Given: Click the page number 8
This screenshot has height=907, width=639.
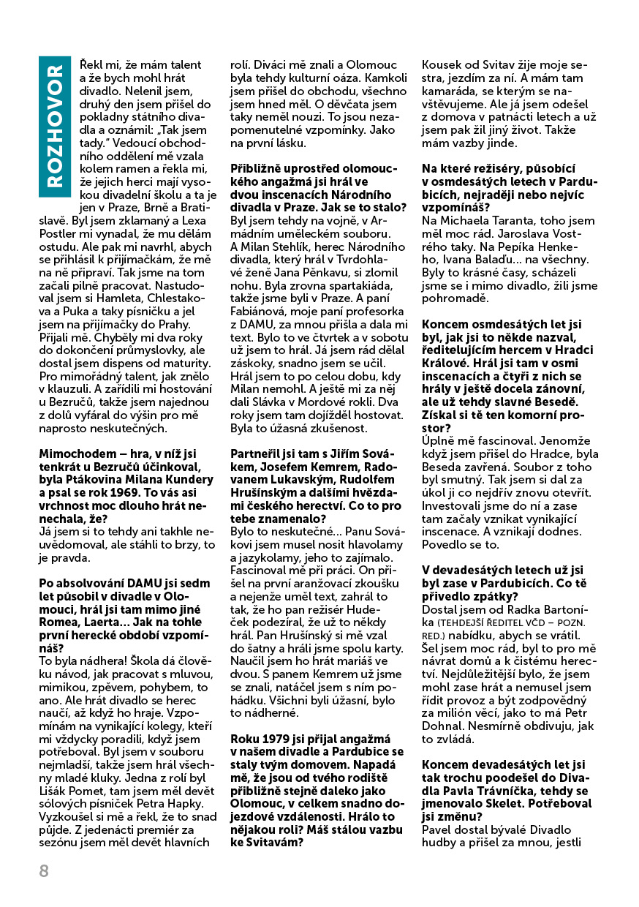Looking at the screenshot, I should click(x=44, y=870).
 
